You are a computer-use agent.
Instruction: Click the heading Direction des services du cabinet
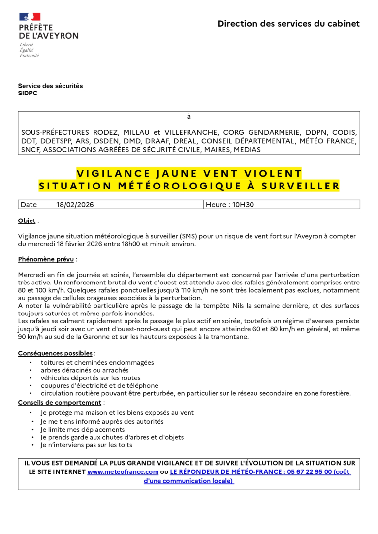click(288, 24)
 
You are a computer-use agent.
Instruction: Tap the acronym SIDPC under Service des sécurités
click(28, 93)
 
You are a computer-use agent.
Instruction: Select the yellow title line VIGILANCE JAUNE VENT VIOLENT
click(189, 173)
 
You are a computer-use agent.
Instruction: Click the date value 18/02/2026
click(75, 205)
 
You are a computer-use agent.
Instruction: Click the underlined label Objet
click(27, 221)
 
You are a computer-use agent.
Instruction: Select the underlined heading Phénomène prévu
click(46, 259)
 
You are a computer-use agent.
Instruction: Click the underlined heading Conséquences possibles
click(55, 353)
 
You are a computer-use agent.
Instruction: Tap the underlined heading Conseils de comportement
click(60, 402)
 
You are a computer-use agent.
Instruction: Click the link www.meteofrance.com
click(123, 471)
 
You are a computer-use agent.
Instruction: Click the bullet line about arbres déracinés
click(85, 370)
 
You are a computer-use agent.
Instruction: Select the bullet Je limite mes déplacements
click(83, 430)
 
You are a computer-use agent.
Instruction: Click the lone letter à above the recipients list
click(189, 117)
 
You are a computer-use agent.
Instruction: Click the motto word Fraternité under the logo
click(29, 55)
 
